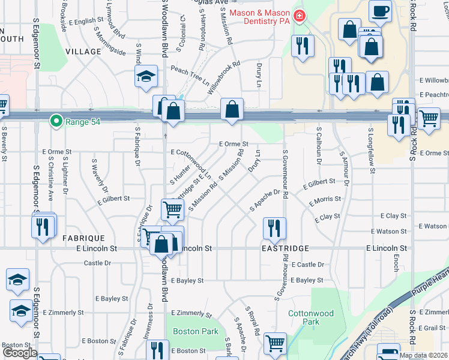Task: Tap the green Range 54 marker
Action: tap(56, 122)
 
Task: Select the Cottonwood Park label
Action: tap(303, 317)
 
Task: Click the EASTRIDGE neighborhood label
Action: tap(285, 248)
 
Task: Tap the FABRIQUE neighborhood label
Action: tap(84, 238)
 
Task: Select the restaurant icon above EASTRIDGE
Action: tap(274, 227)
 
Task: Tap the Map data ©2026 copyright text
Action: tap(423, 355)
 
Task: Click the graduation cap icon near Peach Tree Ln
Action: tap(145, 77)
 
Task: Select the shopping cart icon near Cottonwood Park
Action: tap(275, 343)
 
